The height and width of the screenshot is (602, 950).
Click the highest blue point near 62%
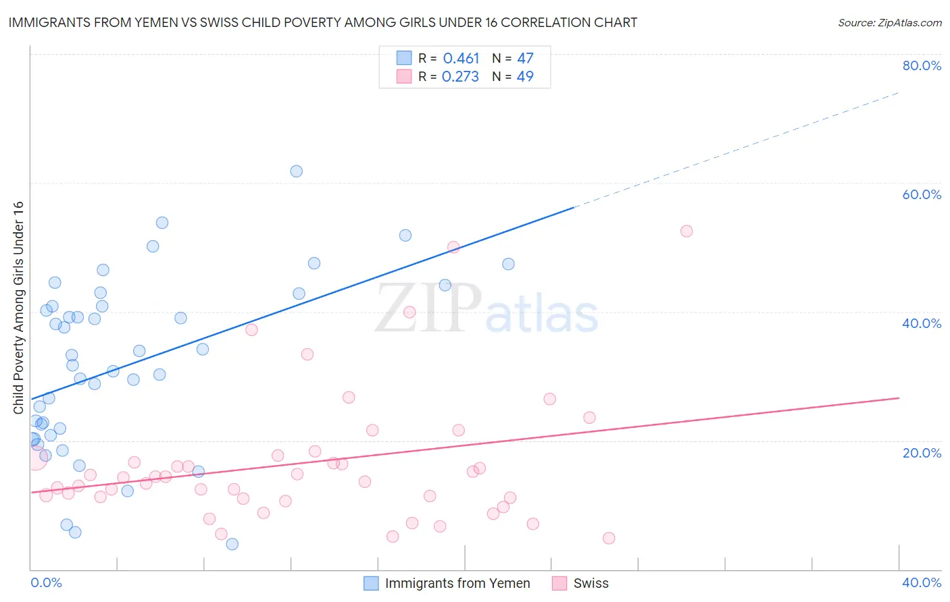tap(296, 171)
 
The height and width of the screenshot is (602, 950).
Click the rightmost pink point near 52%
tap(686, 231)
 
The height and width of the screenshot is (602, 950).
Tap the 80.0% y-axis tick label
tap(922, 65)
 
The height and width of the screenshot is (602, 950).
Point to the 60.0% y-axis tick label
tap(922, 194)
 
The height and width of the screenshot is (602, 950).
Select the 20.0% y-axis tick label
tap(922, 453)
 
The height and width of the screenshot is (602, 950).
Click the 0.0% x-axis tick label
tap(46, 582)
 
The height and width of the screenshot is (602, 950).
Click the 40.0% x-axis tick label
tap(922, 582)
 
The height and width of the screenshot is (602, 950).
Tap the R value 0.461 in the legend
tap(461, 59)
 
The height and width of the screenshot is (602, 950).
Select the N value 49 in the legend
tap(525, 77)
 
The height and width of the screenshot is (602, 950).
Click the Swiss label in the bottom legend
tap(591, 583)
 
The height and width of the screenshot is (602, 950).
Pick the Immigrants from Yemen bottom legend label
tap(457, 583)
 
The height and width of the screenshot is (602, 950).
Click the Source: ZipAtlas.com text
tap(889, 23)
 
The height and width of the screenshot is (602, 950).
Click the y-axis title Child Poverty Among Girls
tap(18, 307)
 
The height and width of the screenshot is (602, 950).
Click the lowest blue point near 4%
tap(232, 544)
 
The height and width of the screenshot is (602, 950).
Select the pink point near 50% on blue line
tap(453, 247)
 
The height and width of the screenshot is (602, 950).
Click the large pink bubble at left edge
tap(35, 458)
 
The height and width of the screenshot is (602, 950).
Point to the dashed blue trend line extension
tap(736, 149)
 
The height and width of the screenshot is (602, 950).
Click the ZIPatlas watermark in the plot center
tap(486, 309)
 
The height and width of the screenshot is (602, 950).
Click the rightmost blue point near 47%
tap(508, 264)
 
